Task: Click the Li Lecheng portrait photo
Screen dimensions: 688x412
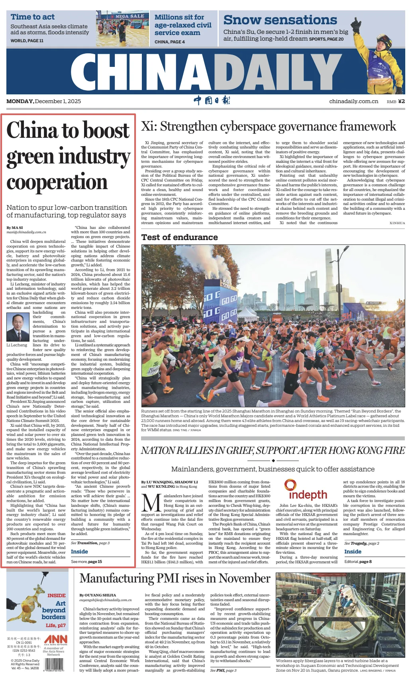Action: [18, 327]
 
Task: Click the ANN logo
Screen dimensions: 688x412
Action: [56, 640]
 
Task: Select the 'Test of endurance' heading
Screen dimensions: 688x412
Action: [179, 237]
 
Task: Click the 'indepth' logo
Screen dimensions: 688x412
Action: [308, 491]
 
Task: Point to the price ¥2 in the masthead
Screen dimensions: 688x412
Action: [401, 102]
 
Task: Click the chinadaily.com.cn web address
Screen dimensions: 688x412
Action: [353, 102]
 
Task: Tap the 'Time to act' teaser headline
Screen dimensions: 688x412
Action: [33, 17]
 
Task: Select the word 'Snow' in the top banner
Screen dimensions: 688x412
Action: [243, 20]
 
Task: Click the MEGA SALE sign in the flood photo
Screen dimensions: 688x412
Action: [129, 16]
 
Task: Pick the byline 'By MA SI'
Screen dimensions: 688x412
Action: [15, 228]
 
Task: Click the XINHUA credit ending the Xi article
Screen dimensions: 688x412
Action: [397, 223]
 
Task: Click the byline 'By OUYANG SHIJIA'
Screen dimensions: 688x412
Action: [98, 595]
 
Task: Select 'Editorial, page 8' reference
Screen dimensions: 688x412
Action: [358, 561]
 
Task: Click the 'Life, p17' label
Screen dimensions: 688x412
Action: [56, 625]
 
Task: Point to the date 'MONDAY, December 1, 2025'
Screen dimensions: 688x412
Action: [43, 102]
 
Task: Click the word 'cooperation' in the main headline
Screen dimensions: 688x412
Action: [57, 183]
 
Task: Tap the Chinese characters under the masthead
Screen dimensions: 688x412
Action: [212, 100]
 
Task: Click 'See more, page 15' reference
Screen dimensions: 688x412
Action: [86, 561]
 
